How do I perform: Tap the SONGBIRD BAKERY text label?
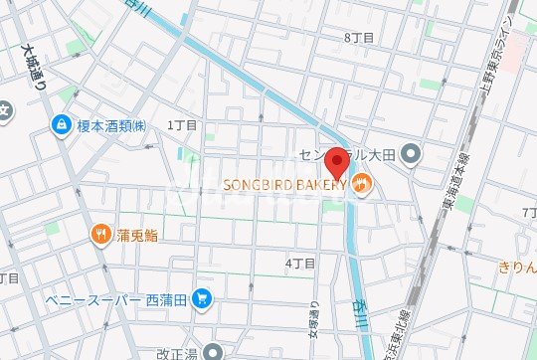[x=283, y=184]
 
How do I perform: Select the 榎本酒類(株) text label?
[x=112, y=125]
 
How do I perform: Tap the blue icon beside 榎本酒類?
[x=60, y=125]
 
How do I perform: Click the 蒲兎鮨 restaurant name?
[x=137, y=235]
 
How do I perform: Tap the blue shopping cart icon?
[x=202, y=296]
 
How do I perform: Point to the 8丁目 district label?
[x=358, y=37]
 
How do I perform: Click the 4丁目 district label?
[x=300, y=264]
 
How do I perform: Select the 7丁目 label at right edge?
[x=528, y=215]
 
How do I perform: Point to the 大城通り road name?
[x=33, y=70]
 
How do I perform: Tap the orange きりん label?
[x=517, y=267]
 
